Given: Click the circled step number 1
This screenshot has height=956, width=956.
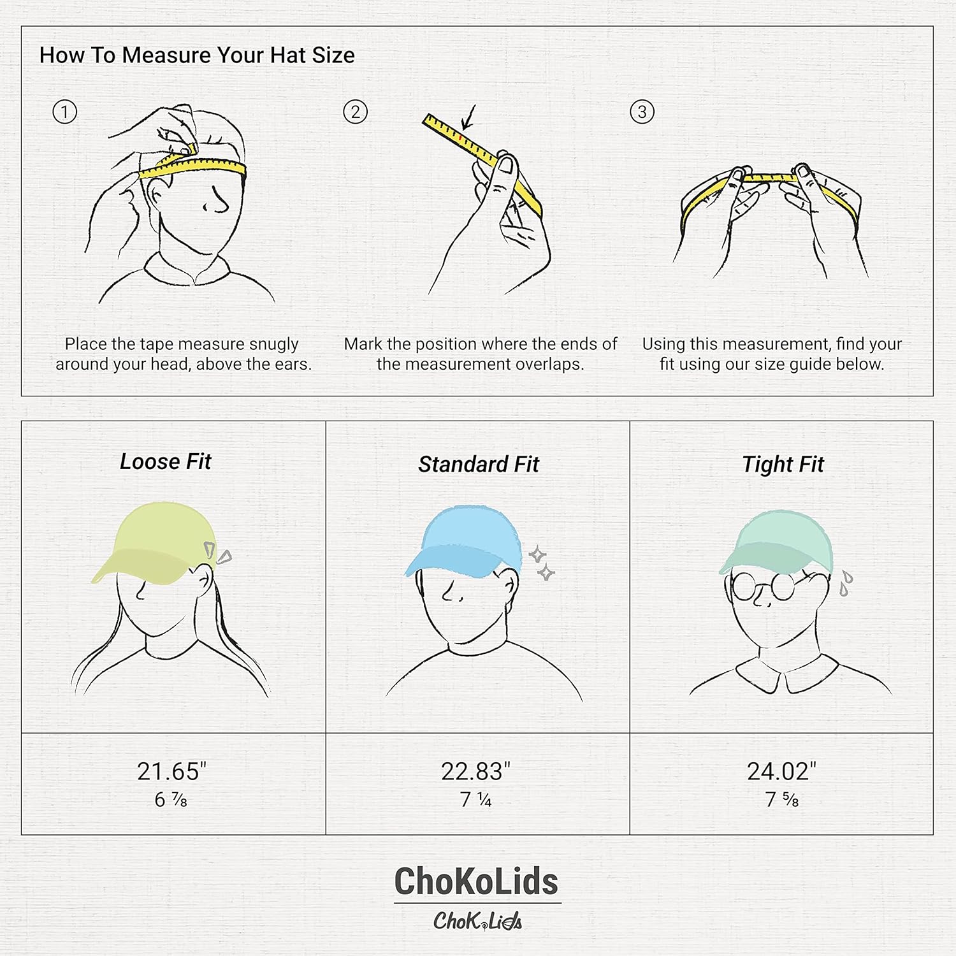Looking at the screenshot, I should tap(64, 112).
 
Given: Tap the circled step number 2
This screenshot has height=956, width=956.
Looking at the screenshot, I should tap(355, 112).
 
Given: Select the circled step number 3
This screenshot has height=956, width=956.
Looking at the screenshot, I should tap(642, 112).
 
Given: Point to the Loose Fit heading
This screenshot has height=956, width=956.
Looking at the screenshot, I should tap(165, 461).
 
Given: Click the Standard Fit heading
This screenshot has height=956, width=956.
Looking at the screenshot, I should tap(478, 465).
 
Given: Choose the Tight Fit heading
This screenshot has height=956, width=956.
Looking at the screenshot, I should tap(783, 465).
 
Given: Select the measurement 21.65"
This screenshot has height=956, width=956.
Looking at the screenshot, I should tap(171, 772).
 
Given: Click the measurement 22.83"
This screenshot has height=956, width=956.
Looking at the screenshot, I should tap(475, 772).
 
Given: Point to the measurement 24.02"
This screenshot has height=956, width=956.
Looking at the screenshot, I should tap(781, 772).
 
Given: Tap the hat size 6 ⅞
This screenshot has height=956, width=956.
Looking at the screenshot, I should tap(171, 800).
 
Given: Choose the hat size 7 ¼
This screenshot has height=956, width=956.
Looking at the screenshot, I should tap(475, 800).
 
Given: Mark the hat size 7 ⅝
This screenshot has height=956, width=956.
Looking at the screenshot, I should tap(781, 800).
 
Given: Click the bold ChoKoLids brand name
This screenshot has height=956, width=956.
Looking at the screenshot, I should tap(476, 882).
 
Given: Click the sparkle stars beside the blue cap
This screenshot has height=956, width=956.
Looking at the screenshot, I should tap(542, 563).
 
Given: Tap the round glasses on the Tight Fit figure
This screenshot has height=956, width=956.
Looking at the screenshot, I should tap(763, 588).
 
